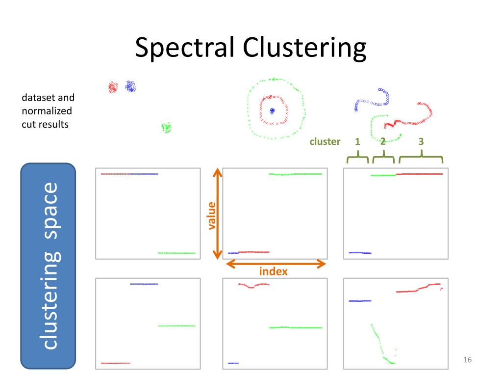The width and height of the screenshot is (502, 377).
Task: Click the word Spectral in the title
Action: coord(184,47)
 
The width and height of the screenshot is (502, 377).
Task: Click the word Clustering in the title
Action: coord(304,48)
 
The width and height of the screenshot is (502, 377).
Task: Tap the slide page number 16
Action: coord(467,360)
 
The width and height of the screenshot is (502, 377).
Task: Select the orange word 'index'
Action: coord(273,271)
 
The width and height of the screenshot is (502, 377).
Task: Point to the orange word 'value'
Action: coord(212,216)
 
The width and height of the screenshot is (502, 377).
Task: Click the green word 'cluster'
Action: coord(325,141)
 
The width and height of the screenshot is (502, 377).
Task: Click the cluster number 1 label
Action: coord(357,141)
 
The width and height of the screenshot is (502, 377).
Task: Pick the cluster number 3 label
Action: coord(421,141)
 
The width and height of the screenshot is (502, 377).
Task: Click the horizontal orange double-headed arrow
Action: coord(276,264)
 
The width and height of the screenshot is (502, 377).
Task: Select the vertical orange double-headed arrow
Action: coord(217,214)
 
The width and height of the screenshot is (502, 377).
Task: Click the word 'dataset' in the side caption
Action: coord(36,98)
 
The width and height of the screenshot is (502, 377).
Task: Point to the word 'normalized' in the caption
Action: coord(47,111)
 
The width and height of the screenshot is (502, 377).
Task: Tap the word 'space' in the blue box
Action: coord(50,211)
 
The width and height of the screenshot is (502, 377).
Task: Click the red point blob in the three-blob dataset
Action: coord(113,87)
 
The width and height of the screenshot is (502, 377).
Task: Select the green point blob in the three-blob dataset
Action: coord(166,128)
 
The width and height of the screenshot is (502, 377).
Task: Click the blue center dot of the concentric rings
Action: coord(272,111)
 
